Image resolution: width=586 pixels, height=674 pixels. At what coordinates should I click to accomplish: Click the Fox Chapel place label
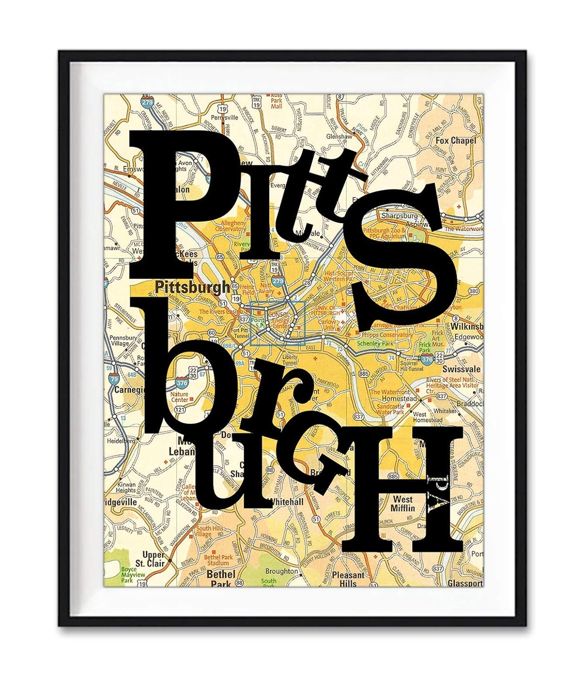(x=455, y=141)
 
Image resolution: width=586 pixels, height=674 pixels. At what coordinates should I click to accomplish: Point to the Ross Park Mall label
(x=276, y=101)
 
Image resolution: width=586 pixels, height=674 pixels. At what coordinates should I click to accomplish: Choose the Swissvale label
(x=461, y=369)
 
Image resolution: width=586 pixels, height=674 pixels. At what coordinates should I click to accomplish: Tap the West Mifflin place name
(x=403, y=504)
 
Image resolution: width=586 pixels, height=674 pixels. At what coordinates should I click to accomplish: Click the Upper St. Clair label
(x=154, y=559)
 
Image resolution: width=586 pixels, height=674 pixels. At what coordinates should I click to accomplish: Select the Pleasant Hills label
(x=348, y=579)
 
